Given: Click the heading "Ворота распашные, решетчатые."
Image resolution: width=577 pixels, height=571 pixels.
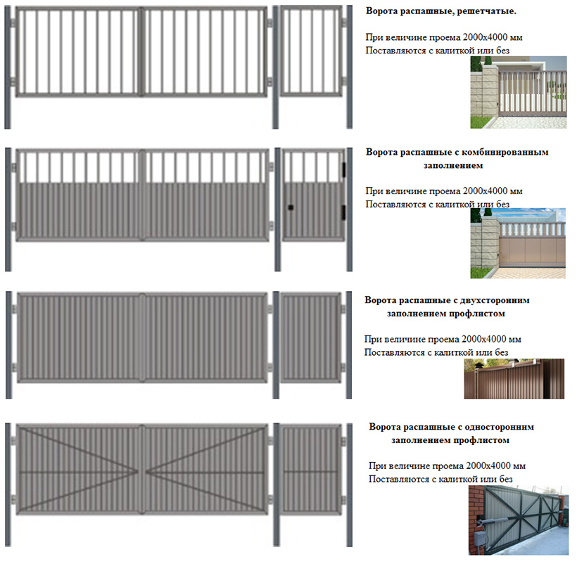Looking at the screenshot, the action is click(441, 11).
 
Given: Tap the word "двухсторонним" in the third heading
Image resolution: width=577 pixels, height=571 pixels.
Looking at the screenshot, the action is click(493, 300).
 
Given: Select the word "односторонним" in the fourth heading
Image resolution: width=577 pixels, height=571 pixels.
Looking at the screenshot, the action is click(500, 427).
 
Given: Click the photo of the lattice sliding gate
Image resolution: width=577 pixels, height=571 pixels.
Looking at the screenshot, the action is click(519, 92).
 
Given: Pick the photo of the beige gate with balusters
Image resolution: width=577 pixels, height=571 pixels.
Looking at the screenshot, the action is click(518, 243).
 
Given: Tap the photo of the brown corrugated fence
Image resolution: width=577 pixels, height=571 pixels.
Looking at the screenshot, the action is click(514, 379).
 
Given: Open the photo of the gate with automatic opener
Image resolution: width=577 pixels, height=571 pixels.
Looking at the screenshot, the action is click(519, 520).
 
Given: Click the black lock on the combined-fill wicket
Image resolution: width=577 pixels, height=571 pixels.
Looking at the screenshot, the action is click(291, 207).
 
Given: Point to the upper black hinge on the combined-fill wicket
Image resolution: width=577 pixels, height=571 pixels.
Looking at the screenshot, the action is click(343, 168).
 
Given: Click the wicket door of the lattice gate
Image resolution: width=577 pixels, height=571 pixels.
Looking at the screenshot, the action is click(311, 51).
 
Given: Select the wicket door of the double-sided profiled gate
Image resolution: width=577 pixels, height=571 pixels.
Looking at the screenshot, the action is click(311, 338).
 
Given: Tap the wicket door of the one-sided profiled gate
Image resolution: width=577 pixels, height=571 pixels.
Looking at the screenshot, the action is click(311, 469).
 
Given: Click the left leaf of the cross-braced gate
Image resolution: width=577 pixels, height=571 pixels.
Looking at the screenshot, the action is click(78, 469).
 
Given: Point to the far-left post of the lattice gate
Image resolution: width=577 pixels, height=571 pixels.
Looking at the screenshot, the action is click(7, 67).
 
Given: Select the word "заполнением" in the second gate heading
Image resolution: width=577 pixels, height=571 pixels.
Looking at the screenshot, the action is click(453, 165).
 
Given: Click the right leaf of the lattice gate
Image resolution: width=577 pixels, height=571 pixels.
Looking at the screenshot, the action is click(205, 51).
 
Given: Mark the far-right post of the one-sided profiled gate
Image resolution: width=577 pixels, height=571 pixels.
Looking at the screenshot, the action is click(349, 485).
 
